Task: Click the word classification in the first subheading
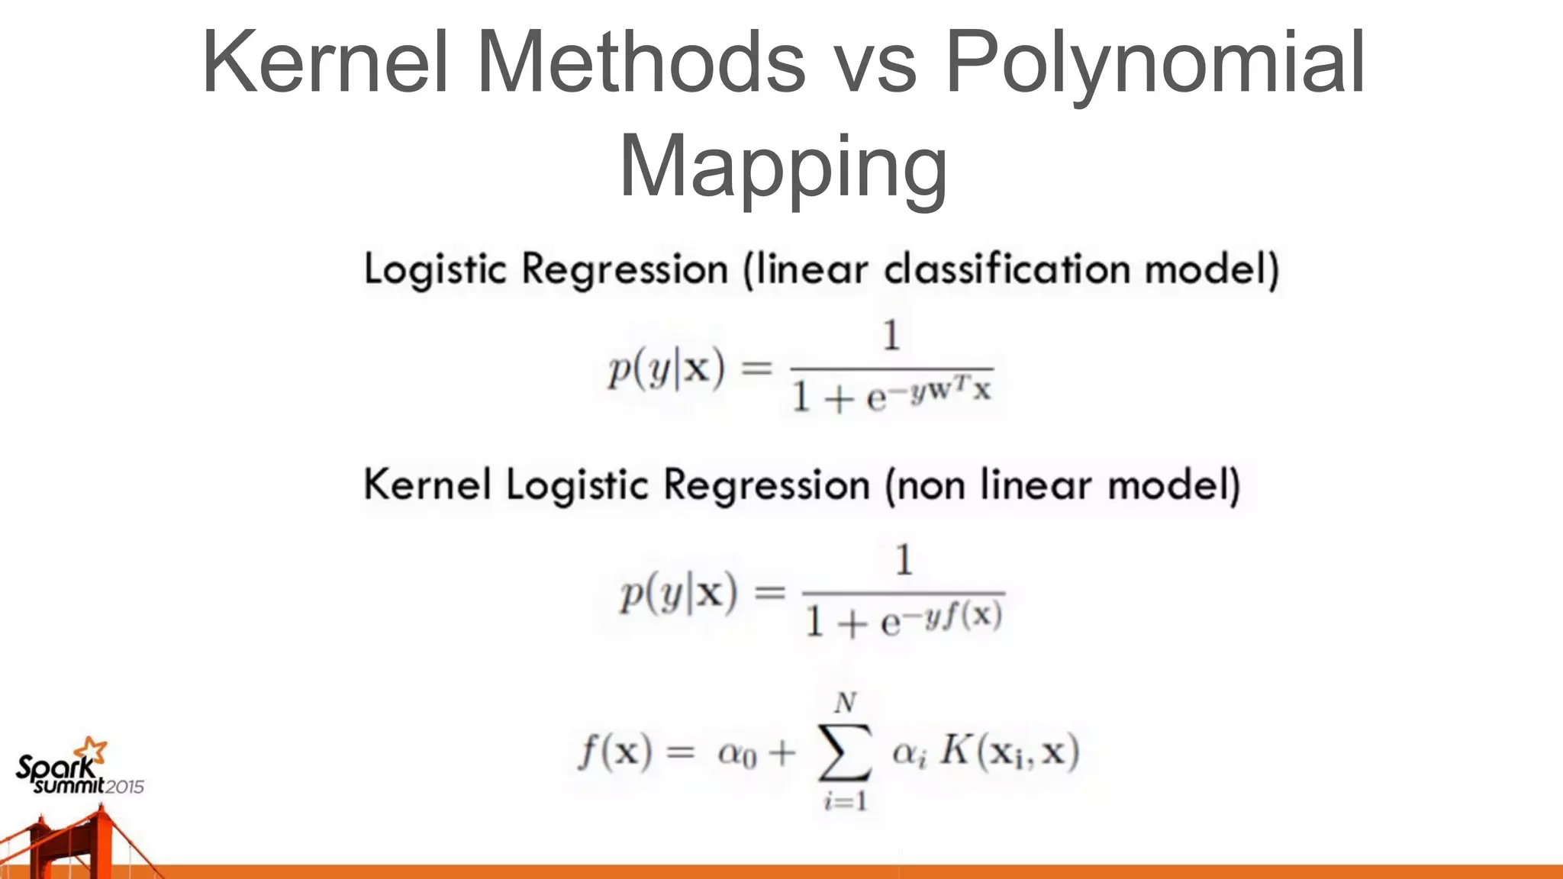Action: point(1007,269)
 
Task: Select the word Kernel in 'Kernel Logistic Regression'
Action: point(427,485)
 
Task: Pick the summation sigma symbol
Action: point(845,752)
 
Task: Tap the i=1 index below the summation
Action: point(845,801)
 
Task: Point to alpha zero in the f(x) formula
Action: point(736,755)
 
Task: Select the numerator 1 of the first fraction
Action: point(891,336)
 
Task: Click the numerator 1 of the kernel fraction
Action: point(904,560)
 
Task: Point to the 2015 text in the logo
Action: point(124,787)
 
